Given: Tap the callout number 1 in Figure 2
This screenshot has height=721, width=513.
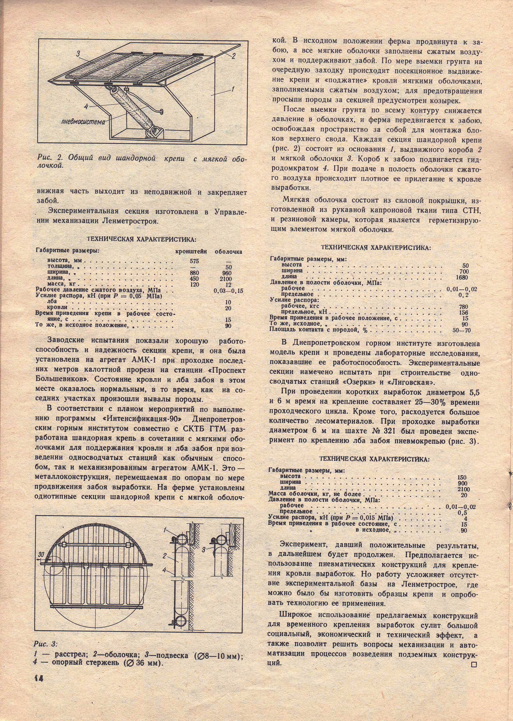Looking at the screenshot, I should pyautogui.click(x=233, y=89).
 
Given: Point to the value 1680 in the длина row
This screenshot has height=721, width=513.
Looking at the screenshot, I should pyautogui.click(x=462, y=277).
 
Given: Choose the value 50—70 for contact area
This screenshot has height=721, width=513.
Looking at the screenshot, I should pyautogui.click(x=462, y=330).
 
